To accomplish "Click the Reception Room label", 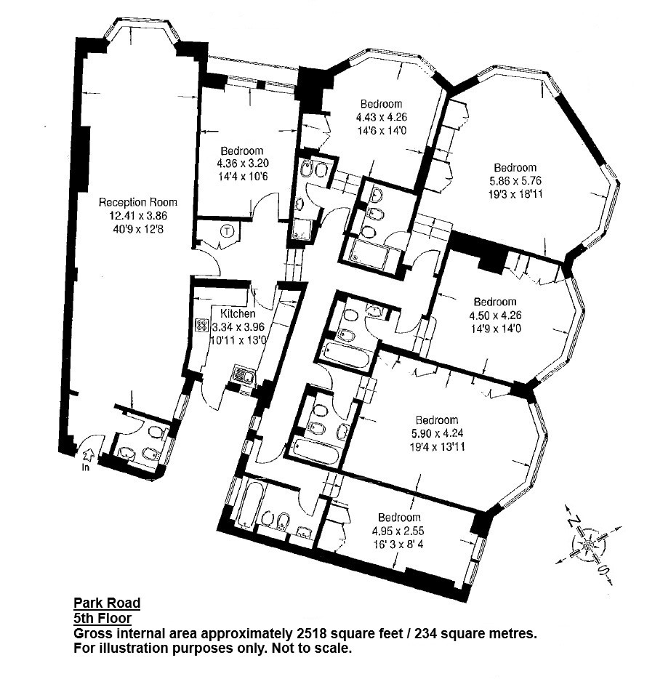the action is [x=137, y=202].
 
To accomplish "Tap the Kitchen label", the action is [x=238, y=313].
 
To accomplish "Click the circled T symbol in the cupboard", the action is [x=227, y=232].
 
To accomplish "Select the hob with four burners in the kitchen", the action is [x=201, y=325].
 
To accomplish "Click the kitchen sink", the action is [x=244, y=374].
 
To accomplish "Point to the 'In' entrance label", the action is [x=87, y=467].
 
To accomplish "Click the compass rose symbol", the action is [x=589, y=546].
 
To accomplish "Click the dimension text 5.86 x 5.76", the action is [x=515, y=181].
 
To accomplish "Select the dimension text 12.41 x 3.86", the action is [x=138, y=216].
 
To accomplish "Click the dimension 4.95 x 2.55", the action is [x=398, y=531].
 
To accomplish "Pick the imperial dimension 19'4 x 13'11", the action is [x=437, y=447].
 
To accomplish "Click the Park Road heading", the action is [x=107, y=603].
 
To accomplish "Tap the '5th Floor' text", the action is [x=103, y=618].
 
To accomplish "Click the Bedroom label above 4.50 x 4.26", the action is [x=495, y=302].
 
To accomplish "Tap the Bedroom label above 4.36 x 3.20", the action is [x=241, y=150].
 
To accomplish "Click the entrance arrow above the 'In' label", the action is [x=88, y=457].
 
